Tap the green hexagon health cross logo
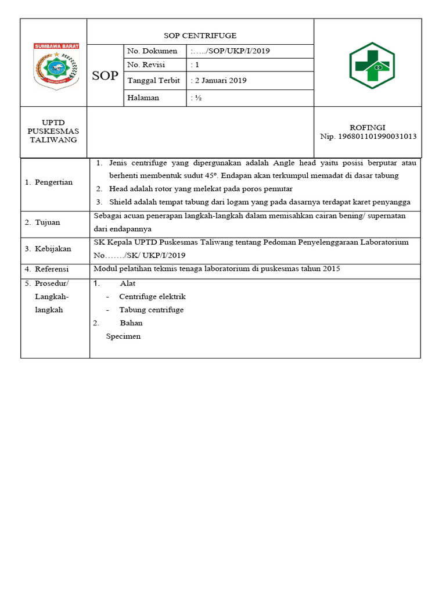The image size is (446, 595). point(372,65)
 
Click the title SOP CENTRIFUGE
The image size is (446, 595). point(200,35)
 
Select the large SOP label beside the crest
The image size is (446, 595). point(105,76)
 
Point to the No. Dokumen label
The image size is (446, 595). point(152,51)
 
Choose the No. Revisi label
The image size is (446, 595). point(146,65)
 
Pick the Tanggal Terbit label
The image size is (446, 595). point(153,81)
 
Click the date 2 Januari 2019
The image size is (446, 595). point(219,81)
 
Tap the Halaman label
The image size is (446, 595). point(143,98)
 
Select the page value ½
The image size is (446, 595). point(196,98)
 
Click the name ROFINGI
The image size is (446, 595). point(367,127)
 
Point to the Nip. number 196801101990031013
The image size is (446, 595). point(368,137)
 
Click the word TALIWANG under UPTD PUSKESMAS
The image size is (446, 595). point(53,140)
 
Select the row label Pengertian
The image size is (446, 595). point(53,182)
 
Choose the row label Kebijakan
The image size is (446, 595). point(53,249)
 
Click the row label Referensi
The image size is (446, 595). point(52,270)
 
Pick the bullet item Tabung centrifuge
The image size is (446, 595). point(152,310)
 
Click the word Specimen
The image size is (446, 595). point(123,336)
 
